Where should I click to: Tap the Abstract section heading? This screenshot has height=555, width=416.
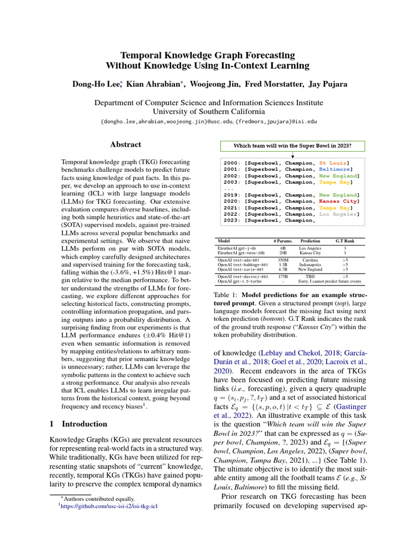(x=126, y=145)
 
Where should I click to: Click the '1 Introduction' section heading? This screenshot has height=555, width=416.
(x=78, y=424)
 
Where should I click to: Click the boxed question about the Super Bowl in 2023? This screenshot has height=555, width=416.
(x=292, y=146)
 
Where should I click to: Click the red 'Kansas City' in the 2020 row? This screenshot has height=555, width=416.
(x=339, y=201)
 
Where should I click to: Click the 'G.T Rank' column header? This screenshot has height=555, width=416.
(x=344, y=241)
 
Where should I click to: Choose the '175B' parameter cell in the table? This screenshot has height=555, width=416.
(x=283, y=276)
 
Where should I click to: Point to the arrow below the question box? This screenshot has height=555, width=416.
(x=292, y=155)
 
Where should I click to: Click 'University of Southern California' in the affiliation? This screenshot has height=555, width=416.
(x=208, y=112)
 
